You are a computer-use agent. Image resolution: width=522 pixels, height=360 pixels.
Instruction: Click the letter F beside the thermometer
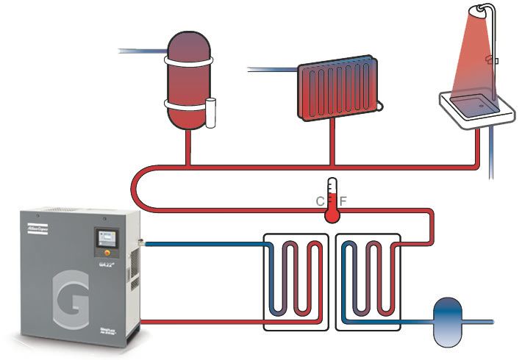click(343, 201)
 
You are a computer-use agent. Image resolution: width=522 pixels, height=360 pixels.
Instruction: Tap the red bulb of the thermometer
click(331, 215)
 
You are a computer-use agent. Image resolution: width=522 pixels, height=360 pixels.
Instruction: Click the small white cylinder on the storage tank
click(212, 109)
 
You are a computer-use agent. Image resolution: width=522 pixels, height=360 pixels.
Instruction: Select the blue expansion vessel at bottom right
click(446, 320)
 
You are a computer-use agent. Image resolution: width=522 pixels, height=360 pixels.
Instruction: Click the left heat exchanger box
click(296, 280)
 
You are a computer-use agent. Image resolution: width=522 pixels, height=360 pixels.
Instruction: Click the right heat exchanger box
click(368, 280)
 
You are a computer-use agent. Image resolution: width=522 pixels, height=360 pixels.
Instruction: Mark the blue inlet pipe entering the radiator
click(272, 71)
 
